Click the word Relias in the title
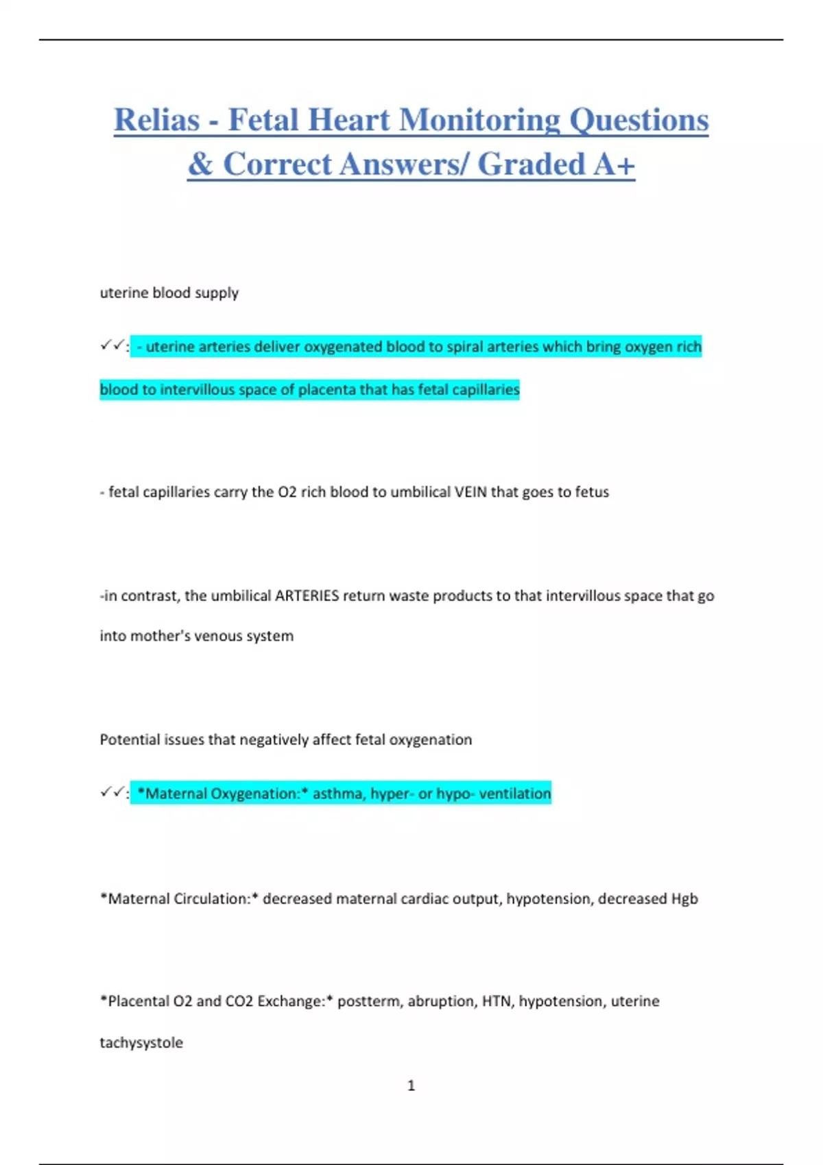click(157, 120)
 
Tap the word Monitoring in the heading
click(479, 120)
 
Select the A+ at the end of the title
click(615, 164)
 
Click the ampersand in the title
click(200, 164)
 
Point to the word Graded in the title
click(531, 164)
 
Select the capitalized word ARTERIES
click(307, 596)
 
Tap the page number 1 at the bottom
click(411, 1086)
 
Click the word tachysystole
click(141, 1043)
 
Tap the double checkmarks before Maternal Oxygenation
click(112, 793)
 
